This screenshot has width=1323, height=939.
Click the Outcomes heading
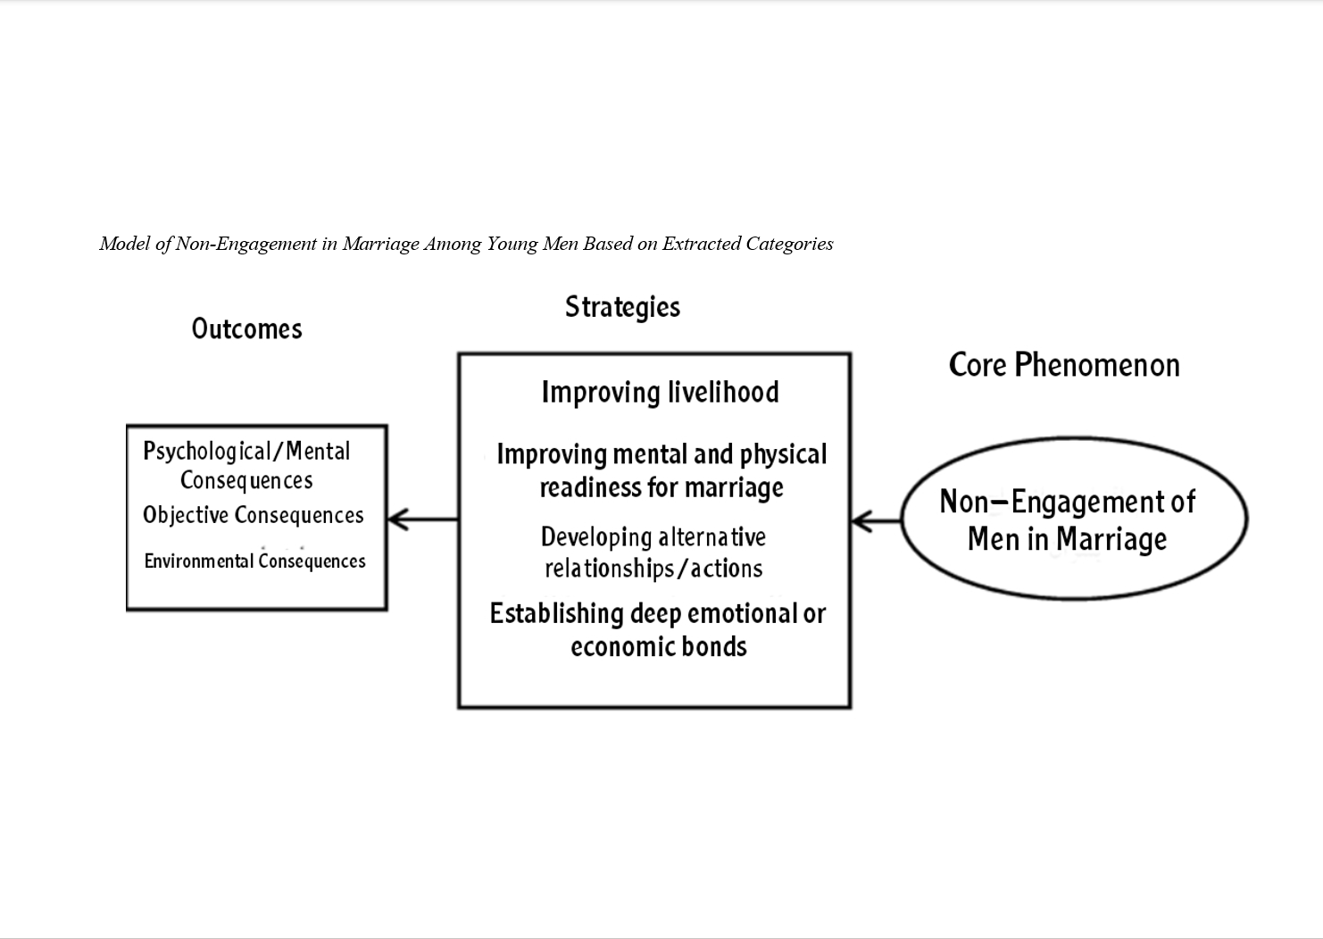[x=246, y=328]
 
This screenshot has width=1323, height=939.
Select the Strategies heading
[x=622, y=307]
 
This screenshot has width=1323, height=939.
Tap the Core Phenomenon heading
[x=1064, y=365]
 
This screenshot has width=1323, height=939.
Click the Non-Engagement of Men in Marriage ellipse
[x=1074, y=519]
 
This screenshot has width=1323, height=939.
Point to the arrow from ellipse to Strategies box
[x=876, y=521]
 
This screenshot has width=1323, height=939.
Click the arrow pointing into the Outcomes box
[x=422, y=519]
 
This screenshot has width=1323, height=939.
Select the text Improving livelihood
[x=660, y=393]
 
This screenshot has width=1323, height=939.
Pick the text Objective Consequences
[x=254, y=516]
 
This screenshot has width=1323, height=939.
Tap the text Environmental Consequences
[x=254, y=561]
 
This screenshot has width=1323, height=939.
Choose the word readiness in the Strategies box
[x=583, y=488]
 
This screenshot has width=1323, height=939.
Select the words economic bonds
[x=659, y=646]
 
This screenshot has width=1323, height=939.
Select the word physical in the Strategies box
[x=783, y=455]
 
